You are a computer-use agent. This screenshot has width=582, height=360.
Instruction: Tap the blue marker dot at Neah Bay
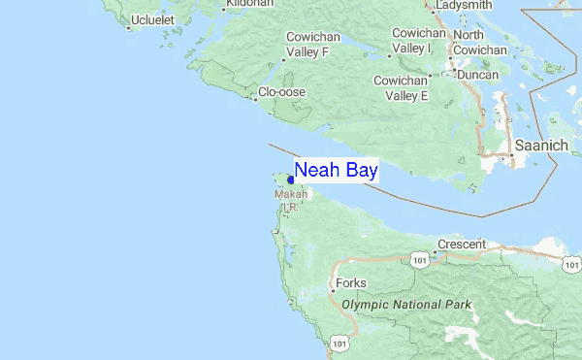(291, 180)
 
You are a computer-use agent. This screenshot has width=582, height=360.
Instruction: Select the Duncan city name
(478, 75)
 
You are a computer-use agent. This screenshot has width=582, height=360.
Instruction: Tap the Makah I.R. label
(291, 200)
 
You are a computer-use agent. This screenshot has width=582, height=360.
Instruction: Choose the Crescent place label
(462, 245)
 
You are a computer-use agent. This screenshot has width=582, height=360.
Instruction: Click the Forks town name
(351, 284)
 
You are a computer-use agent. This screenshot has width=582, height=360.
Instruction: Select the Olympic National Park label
(406, 305)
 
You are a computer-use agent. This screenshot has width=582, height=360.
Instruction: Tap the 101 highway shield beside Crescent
(419, 261)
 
